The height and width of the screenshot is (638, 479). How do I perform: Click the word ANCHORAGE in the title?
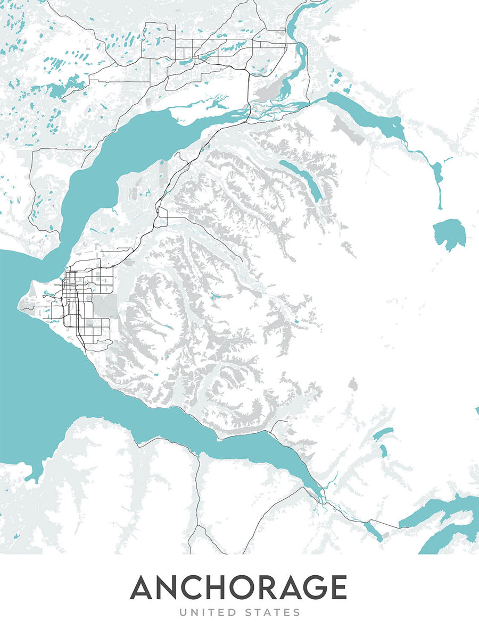tap(238, 587)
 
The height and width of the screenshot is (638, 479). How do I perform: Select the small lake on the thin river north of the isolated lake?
tap(438, 173)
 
